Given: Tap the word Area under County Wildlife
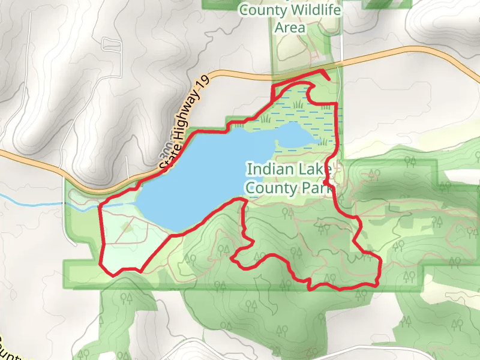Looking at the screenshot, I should point(290,28).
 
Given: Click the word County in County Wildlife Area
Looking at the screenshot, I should point(258,10).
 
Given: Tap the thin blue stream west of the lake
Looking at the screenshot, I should point(30,200).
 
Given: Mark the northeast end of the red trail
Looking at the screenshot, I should point(329,79).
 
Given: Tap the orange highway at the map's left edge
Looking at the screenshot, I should point(5,154).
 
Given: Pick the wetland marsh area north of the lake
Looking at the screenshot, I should point(300,108).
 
